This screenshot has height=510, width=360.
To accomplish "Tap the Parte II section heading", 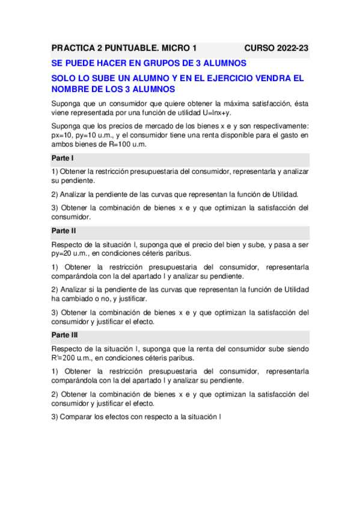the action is [64, 230].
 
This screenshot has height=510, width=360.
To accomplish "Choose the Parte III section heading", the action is [65, 334].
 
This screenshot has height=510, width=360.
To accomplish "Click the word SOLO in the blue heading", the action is [64, 78].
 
